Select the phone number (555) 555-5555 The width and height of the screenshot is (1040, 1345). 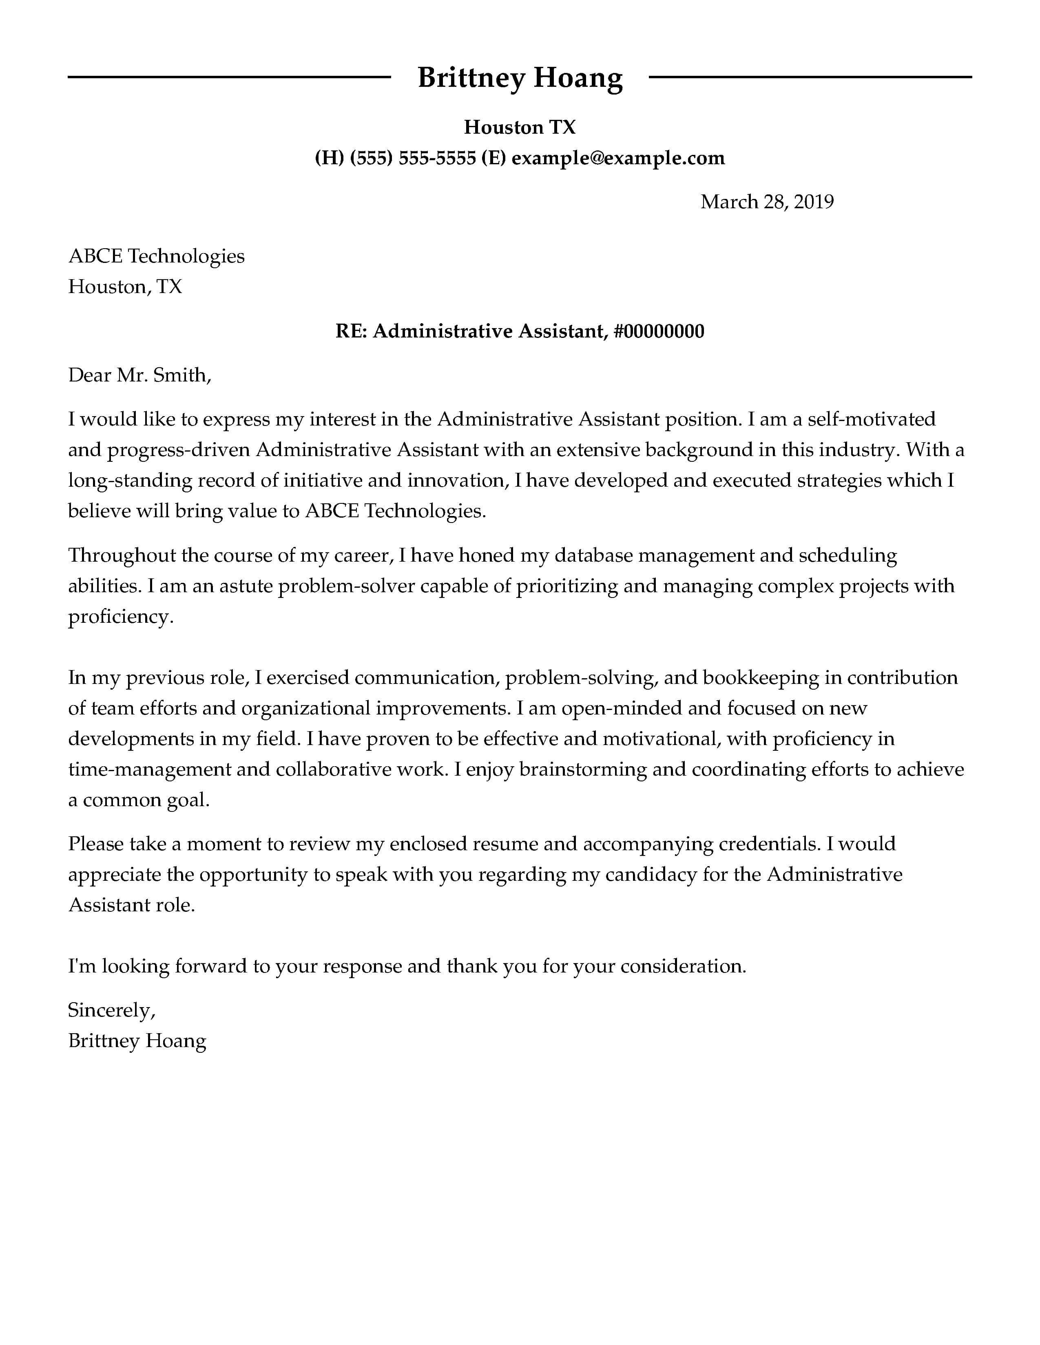pos(413,158)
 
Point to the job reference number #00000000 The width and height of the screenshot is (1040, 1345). pos(659,331)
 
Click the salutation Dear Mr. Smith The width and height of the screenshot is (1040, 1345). pos(139,375)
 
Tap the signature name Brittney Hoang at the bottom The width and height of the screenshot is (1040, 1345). pos(137,1041)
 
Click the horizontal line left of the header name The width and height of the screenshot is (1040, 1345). pos(228,77)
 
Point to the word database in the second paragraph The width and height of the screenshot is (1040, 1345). pos(593,556)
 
